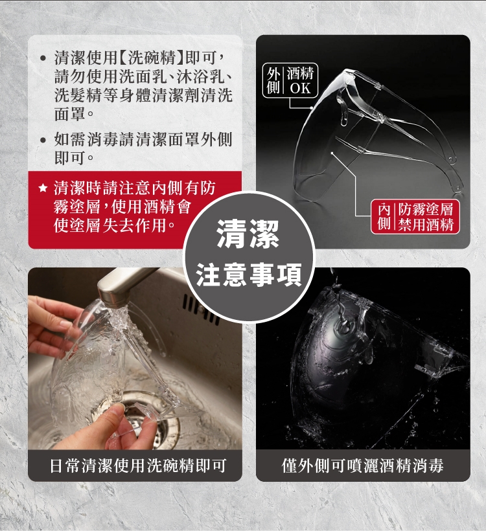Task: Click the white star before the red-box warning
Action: pyautogui.click(x=42, y=188)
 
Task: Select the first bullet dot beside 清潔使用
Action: pyautogui.click(x=43, y=58)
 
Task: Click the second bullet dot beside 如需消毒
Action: pyautogui.click(x=43, y=139)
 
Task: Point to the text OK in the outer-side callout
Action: pyautogui.click(x=300, y=88)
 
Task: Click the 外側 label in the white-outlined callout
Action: pyautogui.click(x=273, y=80)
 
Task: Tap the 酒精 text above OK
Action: pyautogui.click(x=300, y=73)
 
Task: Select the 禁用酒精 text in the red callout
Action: pyautogui.click(x=426, y=225)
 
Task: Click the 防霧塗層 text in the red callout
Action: pyautogui.click(x=426, y=210)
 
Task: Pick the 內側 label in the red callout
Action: pyautogui.click(x=384, y=217)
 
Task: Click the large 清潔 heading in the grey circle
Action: pyautogui.click(x=248, y=234)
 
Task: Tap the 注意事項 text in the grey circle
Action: pyautogui.click(x=249, y=275)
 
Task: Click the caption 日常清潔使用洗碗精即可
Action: pyautogui.click(x=137, y=466)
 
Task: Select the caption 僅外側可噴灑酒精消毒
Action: pyautogui.click(x=363, y=466)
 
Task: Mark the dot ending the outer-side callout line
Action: pyautogui.click(x=312, y=108)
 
